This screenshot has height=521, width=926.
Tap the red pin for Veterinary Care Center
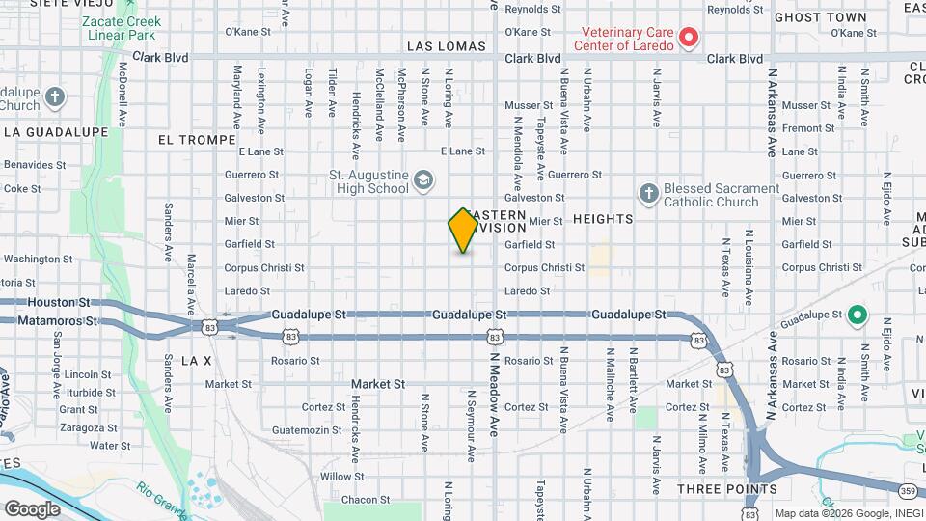point(688,38)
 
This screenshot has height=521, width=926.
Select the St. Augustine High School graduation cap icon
point(422,180)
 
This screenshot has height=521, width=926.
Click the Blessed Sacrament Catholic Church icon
point(648,195)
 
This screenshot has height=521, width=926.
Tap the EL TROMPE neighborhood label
point(197,140)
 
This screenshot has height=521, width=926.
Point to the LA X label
point(196,360)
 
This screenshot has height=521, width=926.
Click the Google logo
point(32,508)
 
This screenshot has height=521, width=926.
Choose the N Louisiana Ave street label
point(749,262)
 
